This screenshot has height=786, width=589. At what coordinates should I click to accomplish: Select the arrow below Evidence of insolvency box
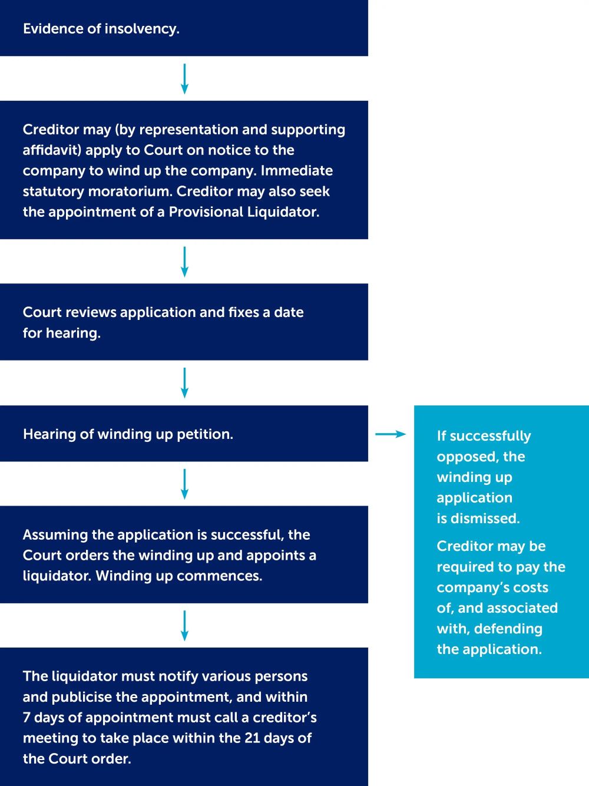(184, 78)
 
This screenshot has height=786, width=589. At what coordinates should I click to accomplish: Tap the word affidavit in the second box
(52, 150)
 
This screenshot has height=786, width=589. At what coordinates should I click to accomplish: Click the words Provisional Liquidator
(244, 212)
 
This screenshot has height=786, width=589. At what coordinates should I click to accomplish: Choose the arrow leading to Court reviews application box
(184, 262)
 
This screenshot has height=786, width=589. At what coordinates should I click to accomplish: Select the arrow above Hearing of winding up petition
(184, 383)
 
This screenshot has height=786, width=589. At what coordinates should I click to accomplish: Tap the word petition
(205, 434)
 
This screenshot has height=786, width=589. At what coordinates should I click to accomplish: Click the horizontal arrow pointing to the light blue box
(391, 434)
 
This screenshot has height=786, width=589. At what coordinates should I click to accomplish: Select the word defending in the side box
(508, 629)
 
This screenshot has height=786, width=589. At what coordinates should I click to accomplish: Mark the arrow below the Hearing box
(184, 484)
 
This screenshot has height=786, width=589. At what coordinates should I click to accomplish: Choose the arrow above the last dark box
(184, 625)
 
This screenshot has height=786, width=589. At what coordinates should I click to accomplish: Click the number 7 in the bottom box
(27, 718)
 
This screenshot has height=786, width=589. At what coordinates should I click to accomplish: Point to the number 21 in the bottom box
(252, 738)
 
